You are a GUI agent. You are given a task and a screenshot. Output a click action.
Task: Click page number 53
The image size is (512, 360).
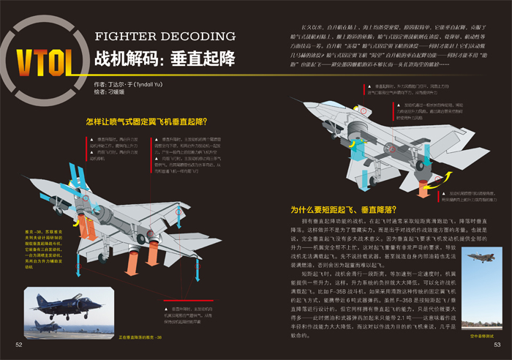coord(496,344)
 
